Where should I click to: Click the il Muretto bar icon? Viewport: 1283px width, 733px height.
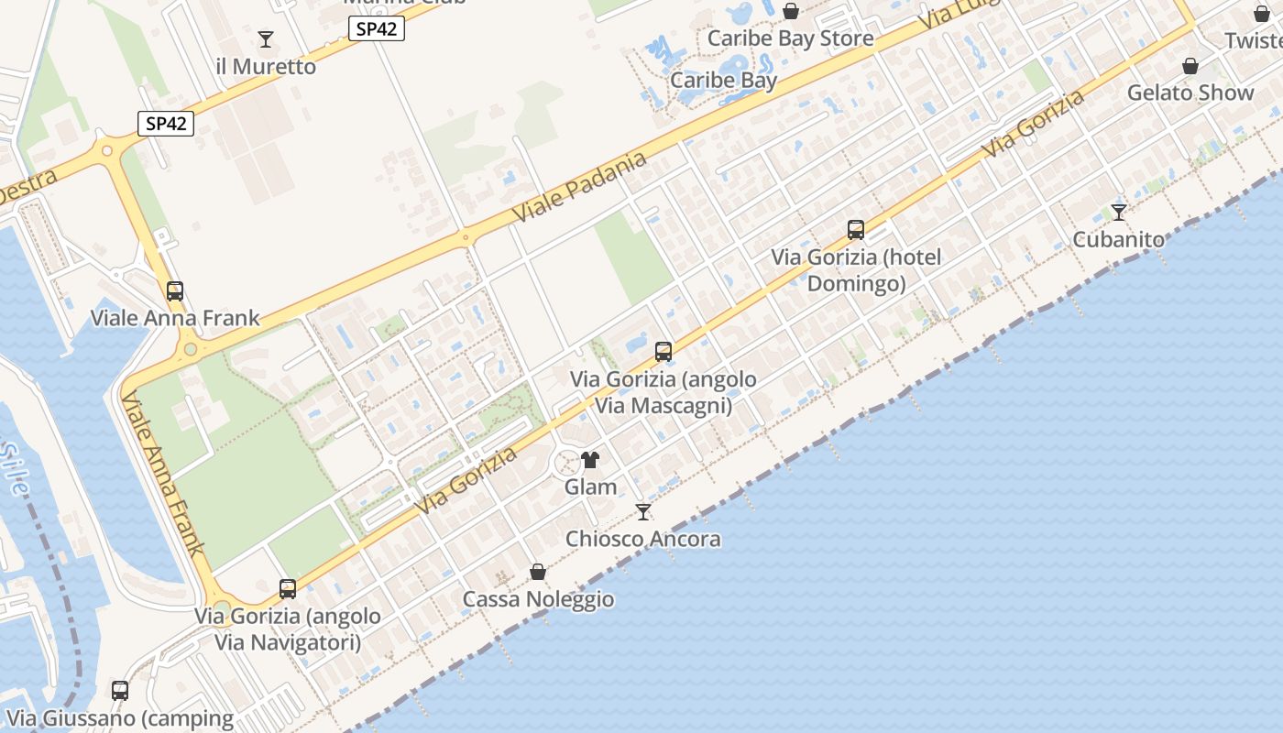266,39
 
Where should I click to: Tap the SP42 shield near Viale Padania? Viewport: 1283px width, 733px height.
377,28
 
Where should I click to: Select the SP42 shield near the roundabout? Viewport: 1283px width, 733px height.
166,124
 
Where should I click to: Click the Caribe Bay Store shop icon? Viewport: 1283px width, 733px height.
791,12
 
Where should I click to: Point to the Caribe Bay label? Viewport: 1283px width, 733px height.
724,80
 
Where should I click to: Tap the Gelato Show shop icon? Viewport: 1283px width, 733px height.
1190,67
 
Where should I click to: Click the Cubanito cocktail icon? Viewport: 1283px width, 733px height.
1118,213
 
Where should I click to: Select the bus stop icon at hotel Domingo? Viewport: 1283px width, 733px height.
856,230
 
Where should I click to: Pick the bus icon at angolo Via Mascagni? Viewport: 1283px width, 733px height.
663,352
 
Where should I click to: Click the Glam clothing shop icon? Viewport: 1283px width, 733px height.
590,460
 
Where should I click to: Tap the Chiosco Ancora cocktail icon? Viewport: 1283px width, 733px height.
643,512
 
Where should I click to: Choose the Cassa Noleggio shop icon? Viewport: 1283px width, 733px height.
538,573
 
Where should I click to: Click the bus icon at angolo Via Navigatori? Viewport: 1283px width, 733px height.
288,589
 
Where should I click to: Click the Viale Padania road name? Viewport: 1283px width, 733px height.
579,187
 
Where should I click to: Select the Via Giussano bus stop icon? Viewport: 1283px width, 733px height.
120,691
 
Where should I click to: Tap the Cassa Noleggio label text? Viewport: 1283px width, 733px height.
538,599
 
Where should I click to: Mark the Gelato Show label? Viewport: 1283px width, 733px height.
1190,93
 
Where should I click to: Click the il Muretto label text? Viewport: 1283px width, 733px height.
266,67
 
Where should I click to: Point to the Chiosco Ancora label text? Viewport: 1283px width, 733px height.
643,539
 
